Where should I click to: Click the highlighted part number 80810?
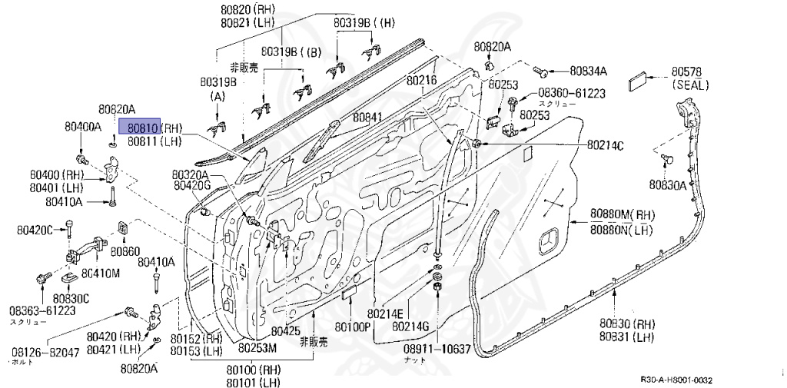(144, 128)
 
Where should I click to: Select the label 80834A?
(588, 71)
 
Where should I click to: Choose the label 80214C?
(605, 144)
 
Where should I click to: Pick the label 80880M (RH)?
(622, 214)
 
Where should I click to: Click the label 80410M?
(101, 273)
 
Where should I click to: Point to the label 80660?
(125, 251)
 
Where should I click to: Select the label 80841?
(367, 118)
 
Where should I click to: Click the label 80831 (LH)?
(628, 337)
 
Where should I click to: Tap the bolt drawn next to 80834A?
(541, 71)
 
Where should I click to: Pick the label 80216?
(421, 80)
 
